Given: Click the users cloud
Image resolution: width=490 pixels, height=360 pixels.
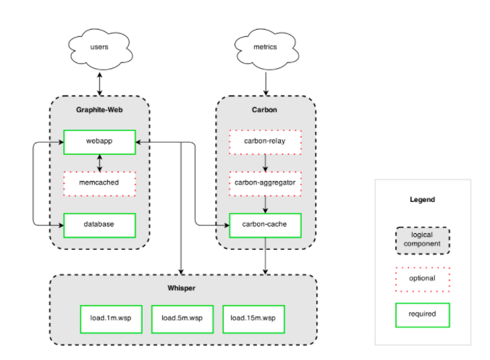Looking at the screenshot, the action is tap(100, 49).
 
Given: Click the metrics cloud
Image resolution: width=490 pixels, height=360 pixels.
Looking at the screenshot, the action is tap(266, 49).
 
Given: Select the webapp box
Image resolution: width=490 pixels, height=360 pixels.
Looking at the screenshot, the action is tap(100, 142).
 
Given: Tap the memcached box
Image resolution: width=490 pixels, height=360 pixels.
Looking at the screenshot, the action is tap(100, 183).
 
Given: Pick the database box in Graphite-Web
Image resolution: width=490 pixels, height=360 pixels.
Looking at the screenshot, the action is tap(100, 225).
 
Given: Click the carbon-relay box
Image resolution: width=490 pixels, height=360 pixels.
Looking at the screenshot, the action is tap(266, 142).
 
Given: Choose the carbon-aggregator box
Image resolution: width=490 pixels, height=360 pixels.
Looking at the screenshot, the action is tap(266, 183).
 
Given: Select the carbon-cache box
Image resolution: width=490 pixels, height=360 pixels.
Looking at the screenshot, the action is tap(266, 225).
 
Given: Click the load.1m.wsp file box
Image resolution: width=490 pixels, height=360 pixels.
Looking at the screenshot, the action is tap(111, 319).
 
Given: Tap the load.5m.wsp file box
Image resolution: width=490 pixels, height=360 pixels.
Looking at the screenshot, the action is tap(182, 319).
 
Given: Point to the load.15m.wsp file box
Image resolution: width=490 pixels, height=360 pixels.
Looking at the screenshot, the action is tap(254, 319).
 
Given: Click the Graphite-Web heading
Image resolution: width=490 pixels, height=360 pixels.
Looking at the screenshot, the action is tap(99, 110).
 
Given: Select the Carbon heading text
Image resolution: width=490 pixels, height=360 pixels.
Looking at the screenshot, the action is tap(264, 110).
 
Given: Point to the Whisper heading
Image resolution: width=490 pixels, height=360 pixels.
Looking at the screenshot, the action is tap(181, 288).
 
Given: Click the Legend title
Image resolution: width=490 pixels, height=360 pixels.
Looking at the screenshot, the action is tap(422, 199).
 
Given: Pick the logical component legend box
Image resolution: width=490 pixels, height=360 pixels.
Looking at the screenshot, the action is tap(423, 240).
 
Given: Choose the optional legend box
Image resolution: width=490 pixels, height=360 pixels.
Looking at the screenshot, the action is tap(423, 280).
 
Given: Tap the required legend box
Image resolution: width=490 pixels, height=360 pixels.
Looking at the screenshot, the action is tap(423, 315).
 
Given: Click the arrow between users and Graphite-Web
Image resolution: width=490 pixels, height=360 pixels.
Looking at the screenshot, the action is tap(100, 84).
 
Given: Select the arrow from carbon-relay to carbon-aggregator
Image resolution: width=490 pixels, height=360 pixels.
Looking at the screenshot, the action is tap(266, 163).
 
